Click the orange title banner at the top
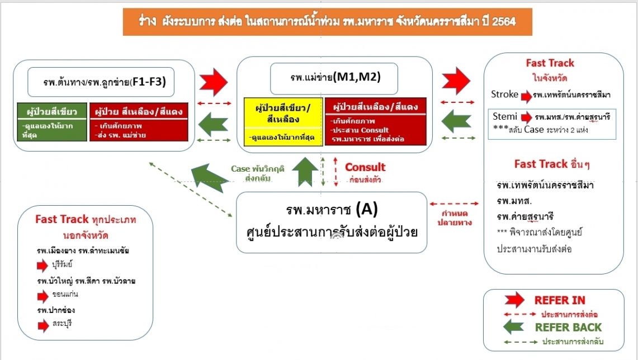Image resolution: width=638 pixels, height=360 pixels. (328, 22)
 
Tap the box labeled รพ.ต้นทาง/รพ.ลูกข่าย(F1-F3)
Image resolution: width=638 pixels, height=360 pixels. (101, 82)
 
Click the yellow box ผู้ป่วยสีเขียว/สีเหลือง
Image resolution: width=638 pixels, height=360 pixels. (283, 121)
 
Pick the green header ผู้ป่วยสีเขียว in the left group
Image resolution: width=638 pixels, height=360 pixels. (52, 111)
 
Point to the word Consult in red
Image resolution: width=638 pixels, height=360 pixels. (365, 167)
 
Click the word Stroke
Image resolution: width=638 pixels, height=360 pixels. (504, 94)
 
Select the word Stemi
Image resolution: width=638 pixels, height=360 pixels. (504, 116)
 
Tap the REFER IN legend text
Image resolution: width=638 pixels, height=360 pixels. (560, 300)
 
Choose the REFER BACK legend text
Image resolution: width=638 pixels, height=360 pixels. (568, 328)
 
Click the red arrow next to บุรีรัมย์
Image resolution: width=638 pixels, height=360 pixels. (42, 266)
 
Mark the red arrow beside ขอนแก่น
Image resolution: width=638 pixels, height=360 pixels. (42, 296)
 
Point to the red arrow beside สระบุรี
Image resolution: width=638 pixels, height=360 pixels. (42, 325)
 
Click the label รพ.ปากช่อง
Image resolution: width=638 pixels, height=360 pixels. (56, 310)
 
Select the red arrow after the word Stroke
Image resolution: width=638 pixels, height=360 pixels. (527, 96)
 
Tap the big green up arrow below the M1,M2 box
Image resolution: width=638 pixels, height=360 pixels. (305, 172)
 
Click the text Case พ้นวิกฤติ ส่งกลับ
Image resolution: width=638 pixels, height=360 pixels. (258, 173)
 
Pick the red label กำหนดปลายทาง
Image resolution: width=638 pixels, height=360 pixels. (455, 218)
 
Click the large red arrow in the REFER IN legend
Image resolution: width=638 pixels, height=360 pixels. (515, 300)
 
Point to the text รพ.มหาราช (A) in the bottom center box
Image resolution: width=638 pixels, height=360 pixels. (332, 210)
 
